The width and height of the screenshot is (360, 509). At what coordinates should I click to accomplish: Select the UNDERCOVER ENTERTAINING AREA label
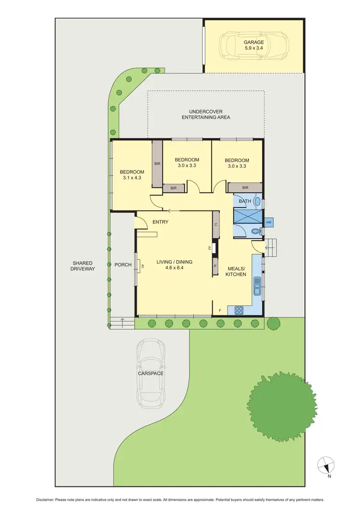205,114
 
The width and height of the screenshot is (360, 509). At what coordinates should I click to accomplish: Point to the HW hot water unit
268,222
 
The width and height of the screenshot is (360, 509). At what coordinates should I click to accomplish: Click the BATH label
245,201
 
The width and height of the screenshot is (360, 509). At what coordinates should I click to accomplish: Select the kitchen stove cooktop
239,310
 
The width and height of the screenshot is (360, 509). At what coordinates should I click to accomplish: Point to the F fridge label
220,310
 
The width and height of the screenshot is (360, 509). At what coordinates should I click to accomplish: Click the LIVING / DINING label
174,262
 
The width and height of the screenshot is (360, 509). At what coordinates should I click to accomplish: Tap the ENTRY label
160,222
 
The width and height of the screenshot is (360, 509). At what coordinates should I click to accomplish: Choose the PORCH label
123,265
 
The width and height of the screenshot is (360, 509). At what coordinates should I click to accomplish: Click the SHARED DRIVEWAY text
83,266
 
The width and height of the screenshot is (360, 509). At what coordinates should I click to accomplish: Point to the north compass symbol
325,465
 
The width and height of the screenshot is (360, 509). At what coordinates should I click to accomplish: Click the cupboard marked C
216,224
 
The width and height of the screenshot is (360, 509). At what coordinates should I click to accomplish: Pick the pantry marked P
215,266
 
